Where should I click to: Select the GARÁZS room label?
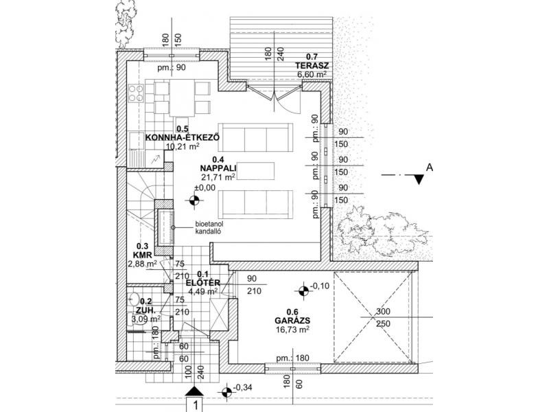(x=288, y=320)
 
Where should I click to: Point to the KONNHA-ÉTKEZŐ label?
(x=183, y=137)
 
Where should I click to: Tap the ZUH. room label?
(x=144, y=309)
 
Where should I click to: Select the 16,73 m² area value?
(x=288, y=330)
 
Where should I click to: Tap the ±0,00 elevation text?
(x=205, y=187)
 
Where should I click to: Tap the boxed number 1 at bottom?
(x=196, y=404)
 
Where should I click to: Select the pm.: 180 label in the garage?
(x=291, y=358)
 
